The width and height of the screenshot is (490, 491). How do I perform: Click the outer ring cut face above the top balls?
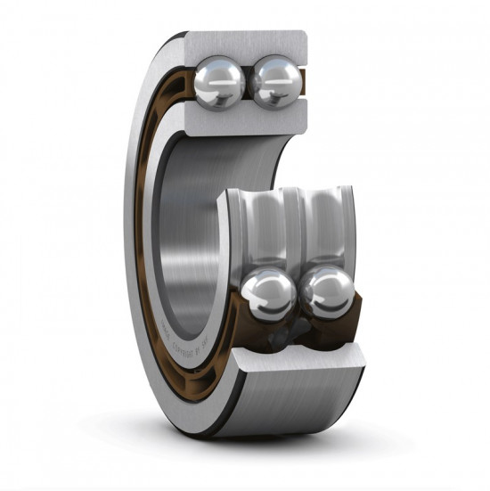pyautogui.click(x=246, y=42)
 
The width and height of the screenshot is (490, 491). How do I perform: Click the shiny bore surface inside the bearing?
pyautogui.click(x=192, y=232)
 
